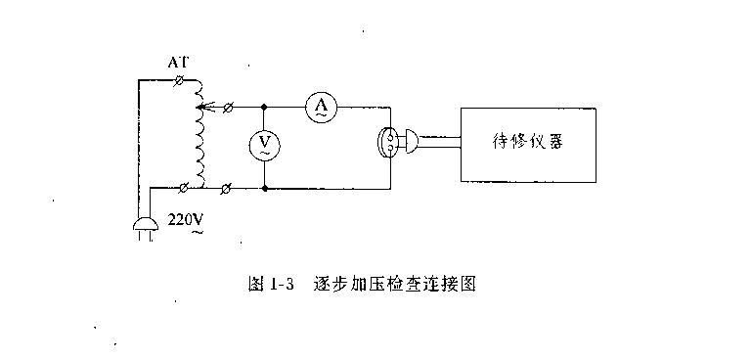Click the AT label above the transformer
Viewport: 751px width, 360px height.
177,63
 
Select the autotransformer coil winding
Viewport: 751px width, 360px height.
201,142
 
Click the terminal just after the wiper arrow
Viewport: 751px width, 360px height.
228,107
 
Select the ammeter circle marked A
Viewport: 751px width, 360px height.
320,107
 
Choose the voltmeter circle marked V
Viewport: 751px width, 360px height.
263,145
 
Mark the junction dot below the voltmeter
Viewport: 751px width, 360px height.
264,185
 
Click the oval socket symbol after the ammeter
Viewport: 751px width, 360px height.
389,145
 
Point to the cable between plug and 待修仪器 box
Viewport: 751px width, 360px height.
440,145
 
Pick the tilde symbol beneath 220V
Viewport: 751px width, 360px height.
199,234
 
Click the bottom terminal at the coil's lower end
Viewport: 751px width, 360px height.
186,184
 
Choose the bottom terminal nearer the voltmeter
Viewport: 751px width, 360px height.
228,185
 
